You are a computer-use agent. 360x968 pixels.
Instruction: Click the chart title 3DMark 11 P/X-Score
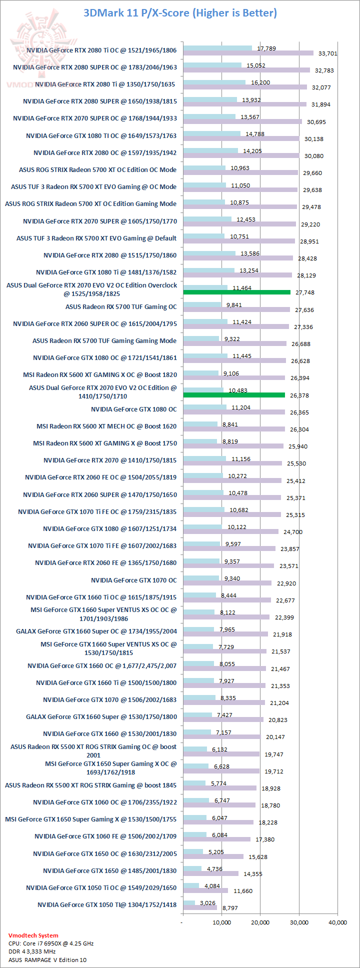pos(180,12)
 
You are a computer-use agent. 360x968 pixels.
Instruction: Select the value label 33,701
pos(327,53)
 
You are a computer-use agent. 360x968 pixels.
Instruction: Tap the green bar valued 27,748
pos(236,292)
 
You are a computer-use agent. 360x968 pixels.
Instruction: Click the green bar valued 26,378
pos(234,395)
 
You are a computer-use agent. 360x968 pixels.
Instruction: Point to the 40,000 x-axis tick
pos(337,922)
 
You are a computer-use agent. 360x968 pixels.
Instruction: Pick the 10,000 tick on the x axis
pos(221,922)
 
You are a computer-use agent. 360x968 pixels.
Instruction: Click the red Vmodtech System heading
pos(33,935)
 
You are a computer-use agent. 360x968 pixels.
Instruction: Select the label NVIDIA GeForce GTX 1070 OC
pos(133,580)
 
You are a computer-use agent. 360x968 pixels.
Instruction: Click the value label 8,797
pos(230,907)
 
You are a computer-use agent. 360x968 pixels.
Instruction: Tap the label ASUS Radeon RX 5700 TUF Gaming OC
pos(121,306)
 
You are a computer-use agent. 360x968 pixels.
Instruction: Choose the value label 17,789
pos(266,48)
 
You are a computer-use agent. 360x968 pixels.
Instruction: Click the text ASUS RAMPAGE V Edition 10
pos(47,959)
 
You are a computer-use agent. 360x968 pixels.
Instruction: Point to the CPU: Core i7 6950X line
pos(50,943)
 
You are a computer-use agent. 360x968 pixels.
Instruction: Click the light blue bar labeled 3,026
pos(189,903)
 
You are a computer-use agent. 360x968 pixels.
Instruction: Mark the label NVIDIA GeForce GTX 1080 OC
pos(133,409)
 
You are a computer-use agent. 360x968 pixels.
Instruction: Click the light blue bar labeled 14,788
pos(211,133)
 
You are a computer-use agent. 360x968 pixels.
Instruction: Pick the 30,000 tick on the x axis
pos(299,922)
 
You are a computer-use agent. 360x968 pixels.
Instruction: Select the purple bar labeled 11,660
pos(205,890)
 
